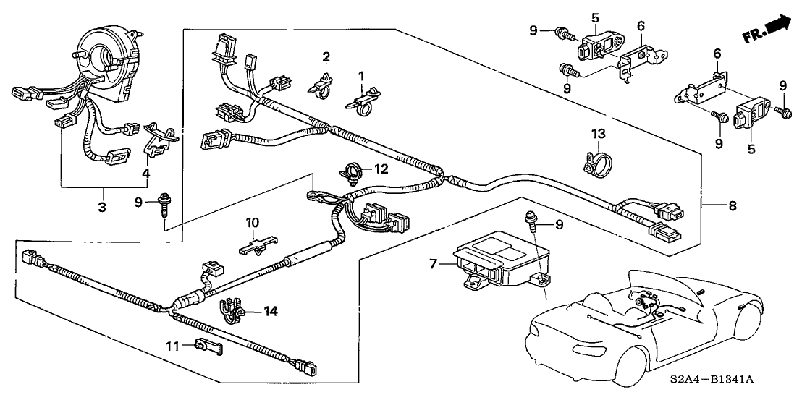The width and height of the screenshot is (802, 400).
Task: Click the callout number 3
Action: point(102,208)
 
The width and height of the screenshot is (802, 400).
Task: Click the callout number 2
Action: point(326,56)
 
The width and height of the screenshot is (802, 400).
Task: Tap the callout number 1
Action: point(362,75)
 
